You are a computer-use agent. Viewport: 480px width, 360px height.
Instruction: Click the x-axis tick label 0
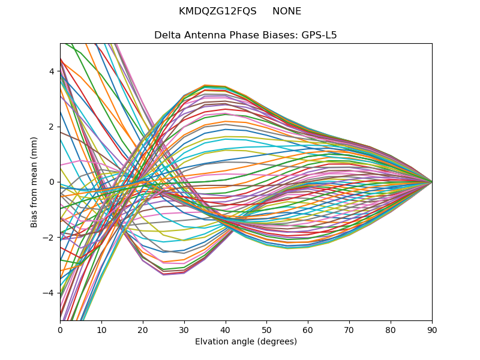click(60, 329)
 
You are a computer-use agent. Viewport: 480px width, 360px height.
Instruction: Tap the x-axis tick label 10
click(101, 329)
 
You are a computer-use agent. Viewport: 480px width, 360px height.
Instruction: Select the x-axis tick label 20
click(143, 329)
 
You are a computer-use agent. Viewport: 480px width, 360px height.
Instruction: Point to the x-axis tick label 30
click(184, 329)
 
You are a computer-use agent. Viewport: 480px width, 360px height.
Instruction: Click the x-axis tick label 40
click(226, 329)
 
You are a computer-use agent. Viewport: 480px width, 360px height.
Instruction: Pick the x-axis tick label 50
click(266, 329)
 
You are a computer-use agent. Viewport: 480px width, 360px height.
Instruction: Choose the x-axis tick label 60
click(308, 329)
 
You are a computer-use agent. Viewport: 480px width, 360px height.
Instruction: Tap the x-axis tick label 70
click(349, 329)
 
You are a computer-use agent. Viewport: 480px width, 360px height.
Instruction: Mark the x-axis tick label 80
click(391, 329)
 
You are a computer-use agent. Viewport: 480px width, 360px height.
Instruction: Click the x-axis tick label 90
click(432, 329)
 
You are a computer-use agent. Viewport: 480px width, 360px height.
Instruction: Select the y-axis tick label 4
click(52, 71)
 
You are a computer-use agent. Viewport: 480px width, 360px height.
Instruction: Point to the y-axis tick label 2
click(52, 127)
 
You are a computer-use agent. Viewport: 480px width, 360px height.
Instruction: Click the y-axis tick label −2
click(49, 238)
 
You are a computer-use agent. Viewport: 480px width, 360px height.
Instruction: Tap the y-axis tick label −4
click(49, 293)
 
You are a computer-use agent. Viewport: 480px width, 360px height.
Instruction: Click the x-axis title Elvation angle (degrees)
click(246, 341)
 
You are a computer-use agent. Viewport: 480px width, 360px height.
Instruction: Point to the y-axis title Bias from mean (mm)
click(35, 182)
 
